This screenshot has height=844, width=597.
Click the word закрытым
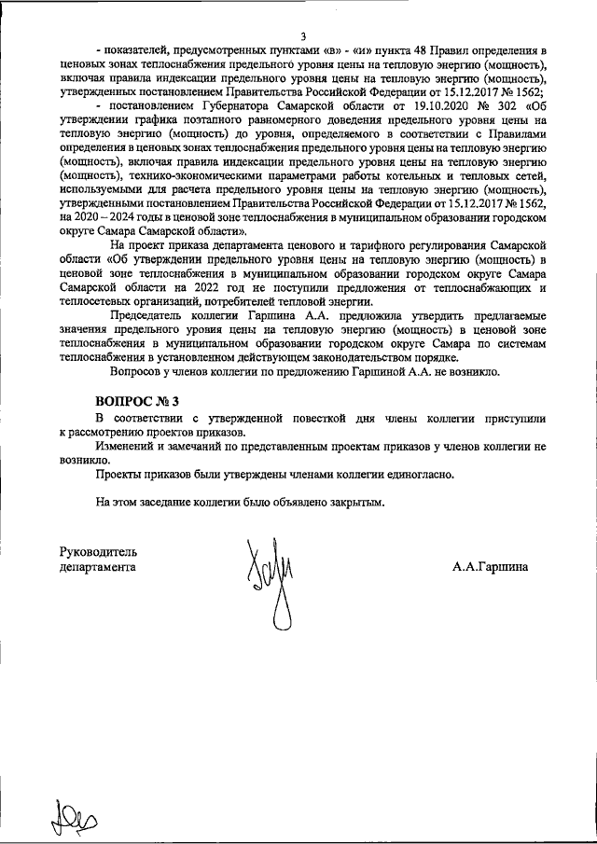[352, 502]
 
